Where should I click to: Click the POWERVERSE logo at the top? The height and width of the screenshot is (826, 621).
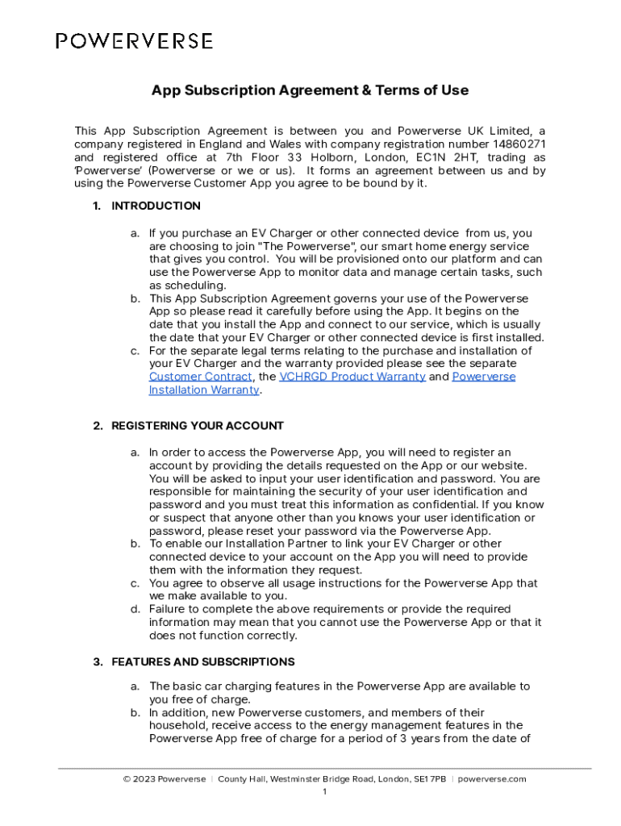point(134,41)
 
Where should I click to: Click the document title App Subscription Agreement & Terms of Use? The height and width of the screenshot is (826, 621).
point(310,90)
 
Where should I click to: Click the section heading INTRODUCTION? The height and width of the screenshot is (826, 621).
point(156,206)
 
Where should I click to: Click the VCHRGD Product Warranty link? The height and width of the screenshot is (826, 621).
point(352,377)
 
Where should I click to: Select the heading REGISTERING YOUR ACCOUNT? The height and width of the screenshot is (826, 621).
point(198,426)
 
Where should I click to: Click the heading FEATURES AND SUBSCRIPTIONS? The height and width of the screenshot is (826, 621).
point(202,662)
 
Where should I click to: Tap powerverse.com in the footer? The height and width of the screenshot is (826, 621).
point(492,779)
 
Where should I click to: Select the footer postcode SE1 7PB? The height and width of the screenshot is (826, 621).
point(429,779)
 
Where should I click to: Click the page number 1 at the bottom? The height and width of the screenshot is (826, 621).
point(324,792)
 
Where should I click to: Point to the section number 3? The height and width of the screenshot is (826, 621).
point(97,662)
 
